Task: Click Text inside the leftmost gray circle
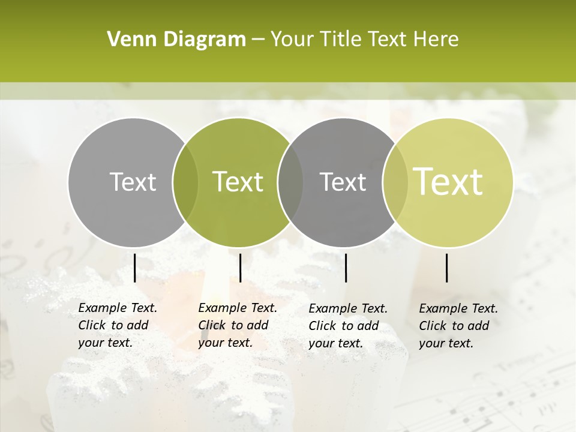pos(133,182)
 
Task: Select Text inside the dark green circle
pos(238,182)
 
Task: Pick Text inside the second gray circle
pos(343,182)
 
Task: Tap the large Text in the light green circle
pos(448,182)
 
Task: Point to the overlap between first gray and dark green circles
pos(185,182)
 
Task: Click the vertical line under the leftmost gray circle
pos(135,268)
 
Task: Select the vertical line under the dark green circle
pos(240,268)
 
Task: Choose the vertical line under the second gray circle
pos(346,268)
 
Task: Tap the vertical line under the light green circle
pos(447,268)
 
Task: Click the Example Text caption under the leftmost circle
pos(117,325)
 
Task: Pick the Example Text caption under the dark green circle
pos(237,325)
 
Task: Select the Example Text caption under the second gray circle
pos(347,326)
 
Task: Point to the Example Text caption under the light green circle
pos(458,326)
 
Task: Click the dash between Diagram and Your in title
pos(258,40)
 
